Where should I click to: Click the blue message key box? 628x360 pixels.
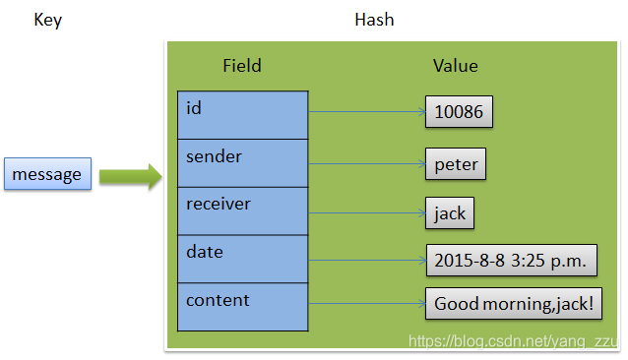pos(47,173)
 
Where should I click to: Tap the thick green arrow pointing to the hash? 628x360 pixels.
pos(131,176)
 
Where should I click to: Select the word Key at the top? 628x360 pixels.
pos(48,20)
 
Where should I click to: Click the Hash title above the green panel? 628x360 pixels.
pos(374,20)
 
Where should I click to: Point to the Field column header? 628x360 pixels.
pos(242,66)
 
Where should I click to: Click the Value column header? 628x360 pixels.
pos(456,66)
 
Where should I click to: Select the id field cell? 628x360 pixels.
pos(243,115)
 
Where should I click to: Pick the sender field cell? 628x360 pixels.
pos(243,163)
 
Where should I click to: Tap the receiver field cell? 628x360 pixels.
pos(243,211)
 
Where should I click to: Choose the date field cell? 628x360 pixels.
pos(243,260)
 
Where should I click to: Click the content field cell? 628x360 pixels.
pos(243,307)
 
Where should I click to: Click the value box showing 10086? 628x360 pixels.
pos(459,111)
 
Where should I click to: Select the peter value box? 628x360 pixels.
pos(456,164)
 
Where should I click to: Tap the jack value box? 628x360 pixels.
pos(450,212)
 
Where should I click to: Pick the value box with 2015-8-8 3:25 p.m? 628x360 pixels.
pos(512,261)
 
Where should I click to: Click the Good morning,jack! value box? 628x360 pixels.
pos(514,304)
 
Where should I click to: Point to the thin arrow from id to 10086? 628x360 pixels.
pos(367,111)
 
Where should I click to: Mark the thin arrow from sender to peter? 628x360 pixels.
pos(367,163)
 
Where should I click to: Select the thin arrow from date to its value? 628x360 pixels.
pos(367,261)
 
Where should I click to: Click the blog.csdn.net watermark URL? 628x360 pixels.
pos(514,341)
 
